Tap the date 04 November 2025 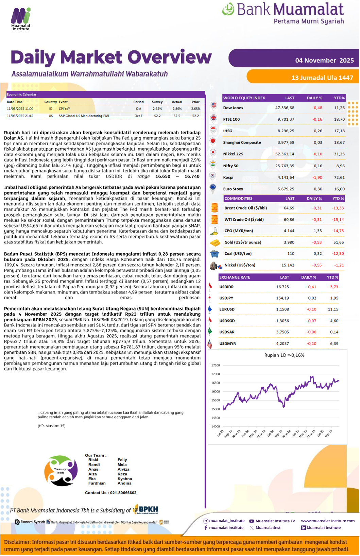(324, 61)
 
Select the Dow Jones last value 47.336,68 (285, 108)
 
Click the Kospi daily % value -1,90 (317, 178)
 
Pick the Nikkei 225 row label (233, 154)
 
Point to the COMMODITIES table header (238, 199)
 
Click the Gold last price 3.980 (289, 242)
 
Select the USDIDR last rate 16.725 (282, 287)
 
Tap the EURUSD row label (227, 309)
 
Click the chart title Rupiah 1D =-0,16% (284, 355)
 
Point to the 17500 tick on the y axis (216, 366)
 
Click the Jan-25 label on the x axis (295, 434)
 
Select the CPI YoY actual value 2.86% (177, 109)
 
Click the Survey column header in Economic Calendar (157, 102)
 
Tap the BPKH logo (146, 509)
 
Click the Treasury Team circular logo (61, 471)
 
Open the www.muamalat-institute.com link (328, 521)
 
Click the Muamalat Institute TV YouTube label (275, 521)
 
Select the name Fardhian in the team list (97, 483)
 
